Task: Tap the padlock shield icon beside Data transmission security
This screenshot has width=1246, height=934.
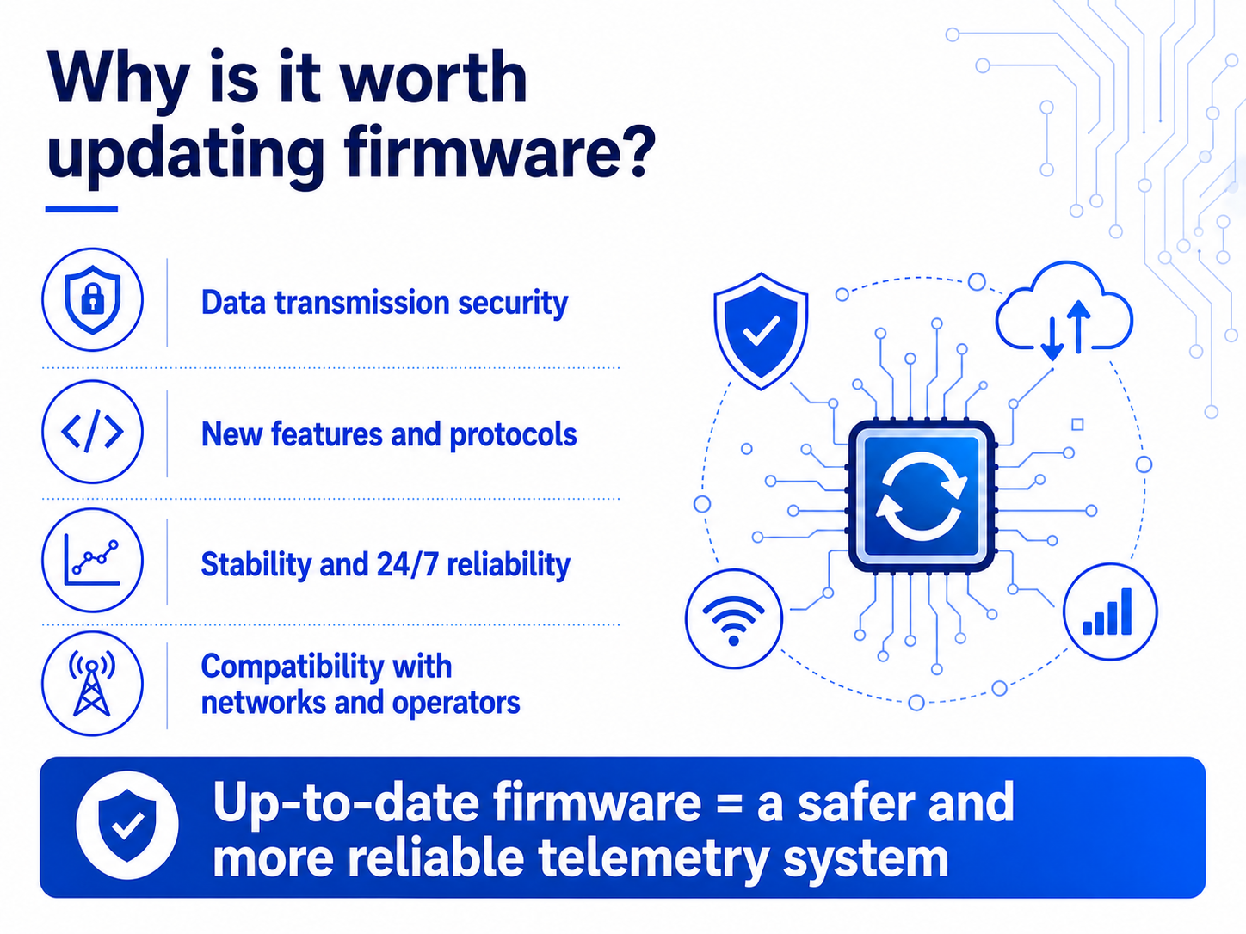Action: [x=93, y=298]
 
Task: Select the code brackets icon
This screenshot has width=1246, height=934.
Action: [x=93, y=432]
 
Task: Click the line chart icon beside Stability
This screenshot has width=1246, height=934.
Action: [x=93, y=560]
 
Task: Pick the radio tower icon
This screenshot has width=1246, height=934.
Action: [x=93, y=684]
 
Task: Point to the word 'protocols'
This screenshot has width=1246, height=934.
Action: [x=513, y=435]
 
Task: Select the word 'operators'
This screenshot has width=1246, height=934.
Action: [x=456, y=704]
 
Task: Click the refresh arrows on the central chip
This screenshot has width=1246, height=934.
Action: [x=922, y=495]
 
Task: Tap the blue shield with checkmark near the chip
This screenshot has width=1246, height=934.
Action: [x=761, y=331]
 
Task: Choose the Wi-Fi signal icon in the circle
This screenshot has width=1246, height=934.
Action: [x=733, y=618]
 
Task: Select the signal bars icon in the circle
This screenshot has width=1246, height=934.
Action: [x=1110, y=611]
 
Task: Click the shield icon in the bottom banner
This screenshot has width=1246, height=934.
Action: [x=127, y=826]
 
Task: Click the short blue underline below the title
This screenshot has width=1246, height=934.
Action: [x=81, y=209]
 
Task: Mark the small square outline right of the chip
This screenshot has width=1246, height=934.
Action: [x=1076, y=424]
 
